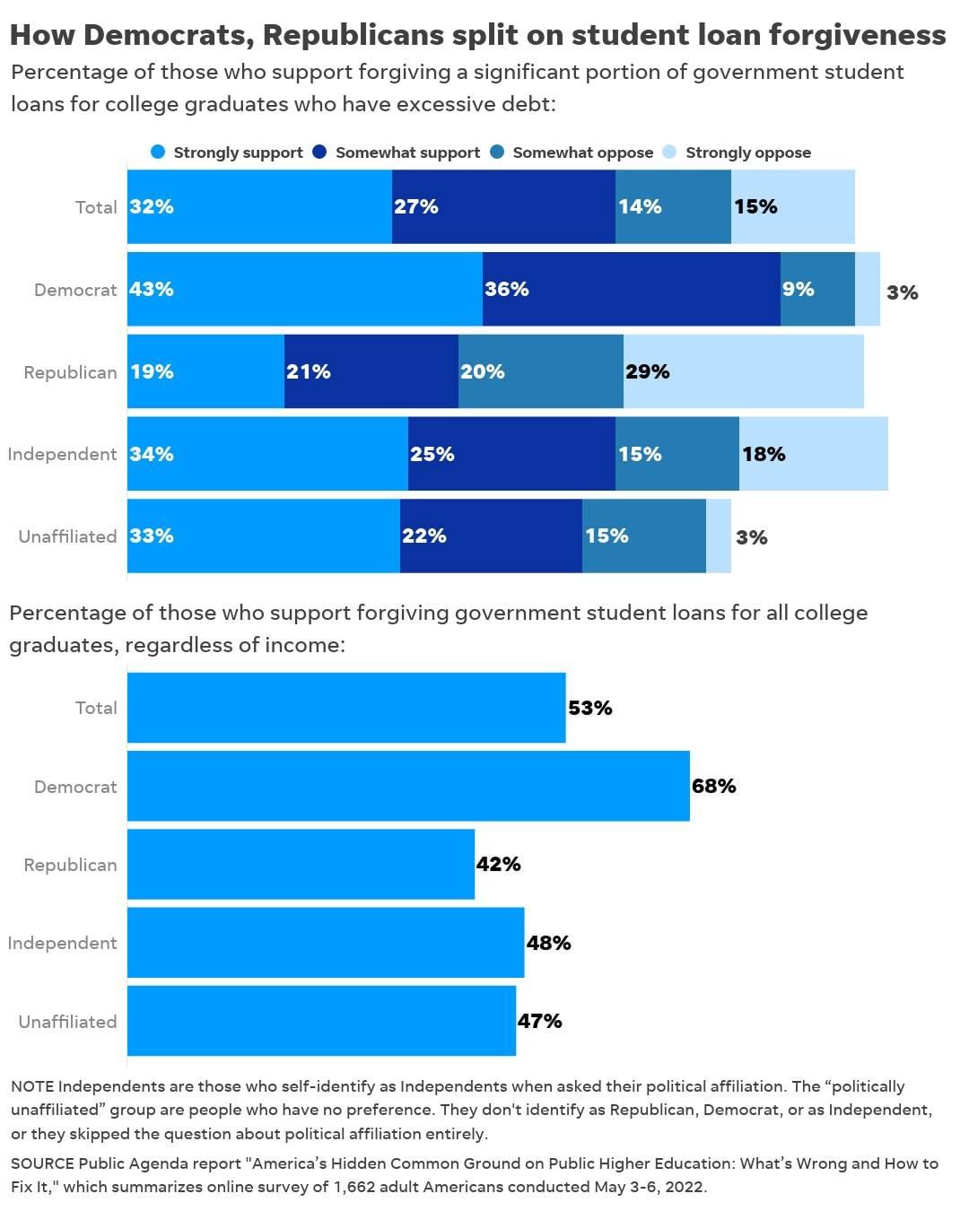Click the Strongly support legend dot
158,152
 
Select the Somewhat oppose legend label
582,152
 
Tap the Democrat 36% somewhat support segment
631,289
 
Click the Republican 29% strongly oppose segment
743,371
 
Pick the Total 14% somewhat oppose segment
673,206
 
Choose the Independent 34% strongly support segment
267,454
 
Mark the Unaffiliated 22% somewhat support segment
491,536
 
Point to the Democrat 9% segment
817,289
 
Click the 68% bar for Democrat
408,786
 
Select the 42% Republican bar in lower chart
301,864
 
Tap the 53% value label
590,708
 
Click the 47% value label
540,1021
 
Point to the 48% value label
549,943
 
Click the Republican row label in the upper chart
70,372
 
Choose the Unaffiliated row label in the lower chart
67,1022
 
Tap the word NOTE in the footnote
32,1086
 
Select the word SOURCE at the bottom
42,1163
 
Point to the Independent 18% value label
764,454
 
